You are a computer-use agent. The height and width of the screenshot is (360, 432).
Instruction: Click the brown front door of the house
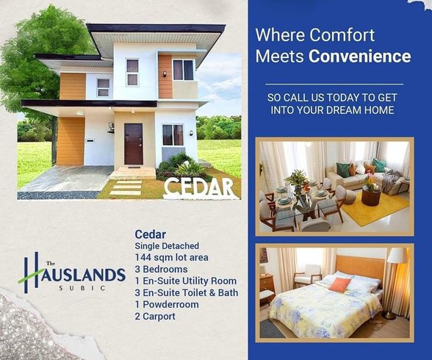coord(133,143)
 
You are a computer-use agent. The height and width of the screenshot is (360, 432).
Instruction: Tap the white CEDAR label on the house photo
coord(201,187)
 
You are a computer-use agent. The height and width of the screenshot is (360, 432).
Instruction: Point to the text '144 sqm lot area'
coord(171,257)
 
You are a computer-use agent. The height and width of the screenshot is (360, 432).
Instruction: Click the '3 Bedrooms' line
coord(161,269)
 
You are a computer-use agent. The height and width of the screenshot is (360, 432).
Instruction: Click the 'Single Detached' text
coord(167,245)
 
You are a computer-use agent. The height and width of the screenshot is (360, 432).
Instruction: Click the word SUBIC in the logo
coord(76,288)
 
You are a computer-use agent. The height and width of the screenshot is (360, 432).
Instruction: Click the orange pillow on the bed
coord(339,284)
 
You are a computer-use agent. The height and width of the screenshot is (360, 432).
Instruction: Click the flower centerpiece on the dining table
coord(298,179)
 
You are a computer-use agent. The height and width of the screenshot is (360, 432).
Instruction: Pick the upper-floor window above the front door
coord(132,72)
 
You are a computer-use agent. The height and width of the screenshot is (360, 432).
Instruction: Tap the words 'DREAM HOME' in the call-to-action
coord(363,110)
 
